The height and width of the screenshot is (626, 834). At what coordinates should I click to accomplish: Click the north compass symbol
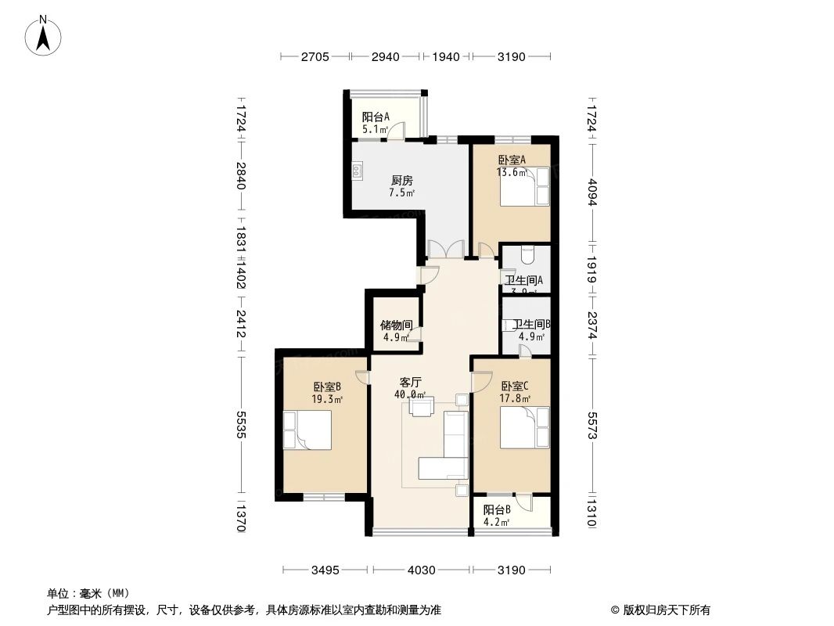(45, 34)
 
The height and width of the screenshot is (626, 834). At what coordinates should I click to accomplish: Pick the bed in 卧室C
(524, 428)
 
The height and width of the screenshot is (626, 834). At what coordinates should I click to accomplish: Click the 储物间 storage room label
(396, 324)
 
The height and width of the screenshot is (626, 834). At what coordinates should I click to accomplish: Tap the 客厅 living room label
(411, 383)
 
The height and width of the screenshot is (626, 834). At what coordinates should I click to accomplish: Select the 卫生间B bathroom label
(532, 324)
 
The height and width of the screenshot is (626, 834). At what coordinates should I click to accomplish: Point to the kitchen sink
(358, 171)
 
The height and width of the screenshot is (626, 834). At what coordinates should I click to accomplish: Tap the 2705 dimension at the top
(315, 56)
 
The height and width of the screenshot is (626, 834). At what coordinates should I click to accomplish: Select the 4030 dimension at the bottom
(421, 570)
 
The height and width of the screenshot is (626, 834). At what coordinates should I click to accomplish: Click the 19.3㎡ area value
(326, 398)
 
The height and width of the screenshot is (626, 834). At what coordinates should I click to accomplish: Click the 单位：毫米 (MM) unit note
(88, 593)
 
